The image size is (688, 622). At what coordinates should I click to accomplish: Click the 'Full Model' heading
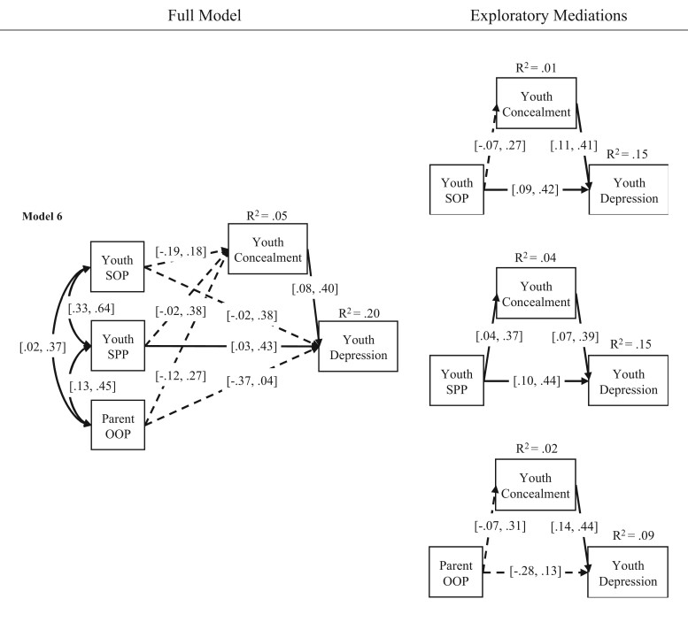click(x=205, y=16)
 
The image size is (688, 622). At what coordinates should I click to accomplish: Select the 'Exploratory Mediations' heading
click(x=548, y=16)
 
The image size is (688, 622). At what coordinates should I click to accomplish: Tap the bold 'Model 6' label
click(x=43, y=217)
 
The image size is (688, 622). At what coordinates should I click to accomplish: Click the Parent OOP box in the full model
click(x=118, y=425)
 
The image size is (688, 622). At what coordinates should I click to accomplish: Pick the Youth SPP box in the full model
click(x=118, y=346)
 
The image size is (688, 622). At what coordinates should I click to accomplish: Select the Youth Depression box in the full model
click(x=358, y=346)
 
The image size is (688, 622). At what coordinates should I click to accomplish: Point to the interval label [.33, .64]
click(x=91, y=309)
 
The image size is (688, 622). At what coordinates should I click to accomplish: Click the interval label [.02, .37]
click(x=43, y=347)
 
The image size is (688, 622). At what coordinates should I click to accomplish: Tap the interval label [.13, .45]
click(x=93, y=386)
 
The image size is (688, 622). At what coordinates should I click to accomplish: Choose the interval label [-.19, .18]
click(x=181, y=251)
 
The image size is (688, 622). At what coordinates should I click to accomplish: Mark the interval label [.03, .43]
click(x=253, y=346)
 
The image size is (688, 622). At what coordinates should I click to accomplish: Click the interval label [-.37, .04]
click(x=251, y=381)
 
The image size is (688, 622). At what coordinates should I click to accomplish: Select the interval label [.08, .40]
click(x=314, y=288)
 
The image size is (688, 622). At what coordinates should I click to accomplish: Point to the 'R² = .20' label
click(x=359, y=313)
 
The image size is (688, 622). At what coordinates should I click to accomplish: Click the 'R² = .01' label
click(x=536, y=68)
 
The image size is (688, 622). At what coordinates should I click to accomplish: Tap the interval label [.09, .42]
click(x=535, y=190)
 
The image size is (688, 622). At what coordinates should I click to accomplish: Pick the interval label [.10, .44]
click(x=537, y=381)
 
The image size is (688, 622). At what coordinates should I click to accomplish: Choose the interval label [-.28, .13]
click(x=536, y=572)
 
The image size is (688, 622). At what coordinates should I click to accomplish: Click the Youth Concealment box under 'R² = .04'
click(x=536, y=293)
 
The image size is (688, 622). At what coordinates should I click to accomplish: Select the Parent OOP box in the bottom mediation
click(x=456, y=572)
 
